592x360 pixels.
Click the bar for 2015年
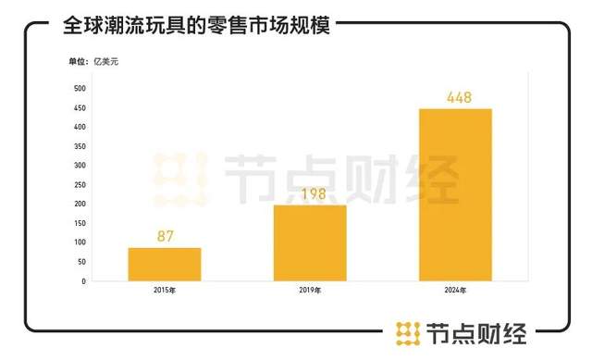tap(164, 264)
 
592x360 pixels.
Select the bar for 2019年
tap(309, 242)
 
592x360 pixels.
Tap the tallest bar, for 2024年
tap(455, 194)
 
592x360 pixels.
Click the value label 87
tap(166, 236)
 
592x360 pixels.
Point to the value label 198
tap(310, 193)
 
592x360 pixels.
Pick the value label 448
tap(455, 96)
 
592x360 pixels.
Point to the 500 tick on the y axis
tap(80, 88)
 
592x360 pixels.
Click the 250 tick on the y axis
tap(80, 184)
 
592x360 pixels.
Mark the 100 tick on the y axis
tap(80, 242)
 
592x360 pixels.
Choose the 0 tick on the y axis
tap(84, 280)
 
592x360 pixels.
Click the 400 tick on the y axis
tap(80, 127)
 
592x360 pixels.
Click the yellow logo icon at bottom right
tap(407, 331)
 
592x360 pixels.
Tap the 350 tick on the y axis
tap(80, 146)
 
